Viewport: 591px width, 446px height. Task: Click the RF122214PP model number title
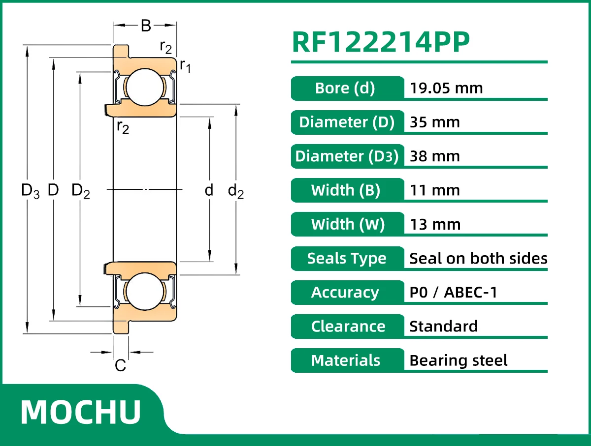pos(381,42)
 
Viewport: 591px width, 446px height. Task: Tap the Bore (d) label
pos(345,88)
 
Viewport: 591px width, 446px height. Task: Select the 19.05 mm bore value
pos(446,88)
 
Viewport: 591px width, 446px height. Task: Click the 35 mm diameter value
pos(434,122)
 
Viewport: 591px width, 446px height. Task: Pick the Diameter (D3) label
pos(347,156)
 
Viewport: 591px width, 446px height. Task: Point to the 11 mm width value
pos(434,190)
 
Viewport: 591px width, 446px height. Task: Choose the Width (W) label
pos(348,224)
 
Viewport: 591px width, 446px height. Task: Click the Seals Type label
pos(347,259)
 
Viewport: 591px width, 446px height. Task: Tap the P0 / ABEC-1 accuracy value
pos(453,292)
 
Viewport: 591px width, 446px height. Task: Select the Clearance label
pos(348,327)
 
